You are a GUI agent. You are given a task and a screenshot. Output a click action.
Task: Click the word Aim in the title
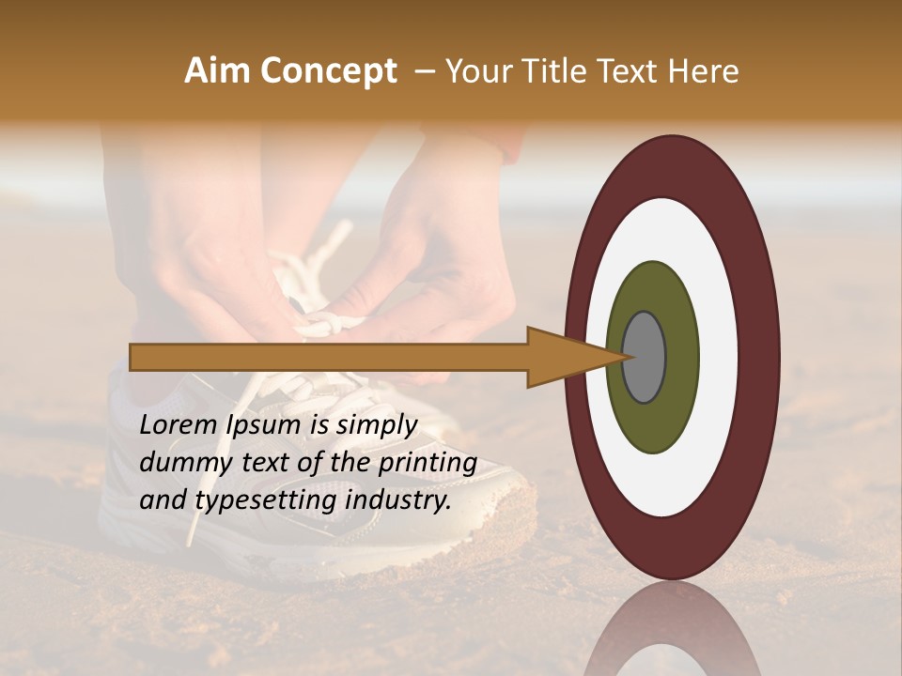point(218,71)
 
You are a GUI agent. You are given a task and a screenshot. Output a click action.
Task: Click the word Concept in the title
point(329,71)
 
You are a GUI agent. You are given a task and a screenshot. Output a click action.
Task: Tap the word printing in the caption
point(428,464)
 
